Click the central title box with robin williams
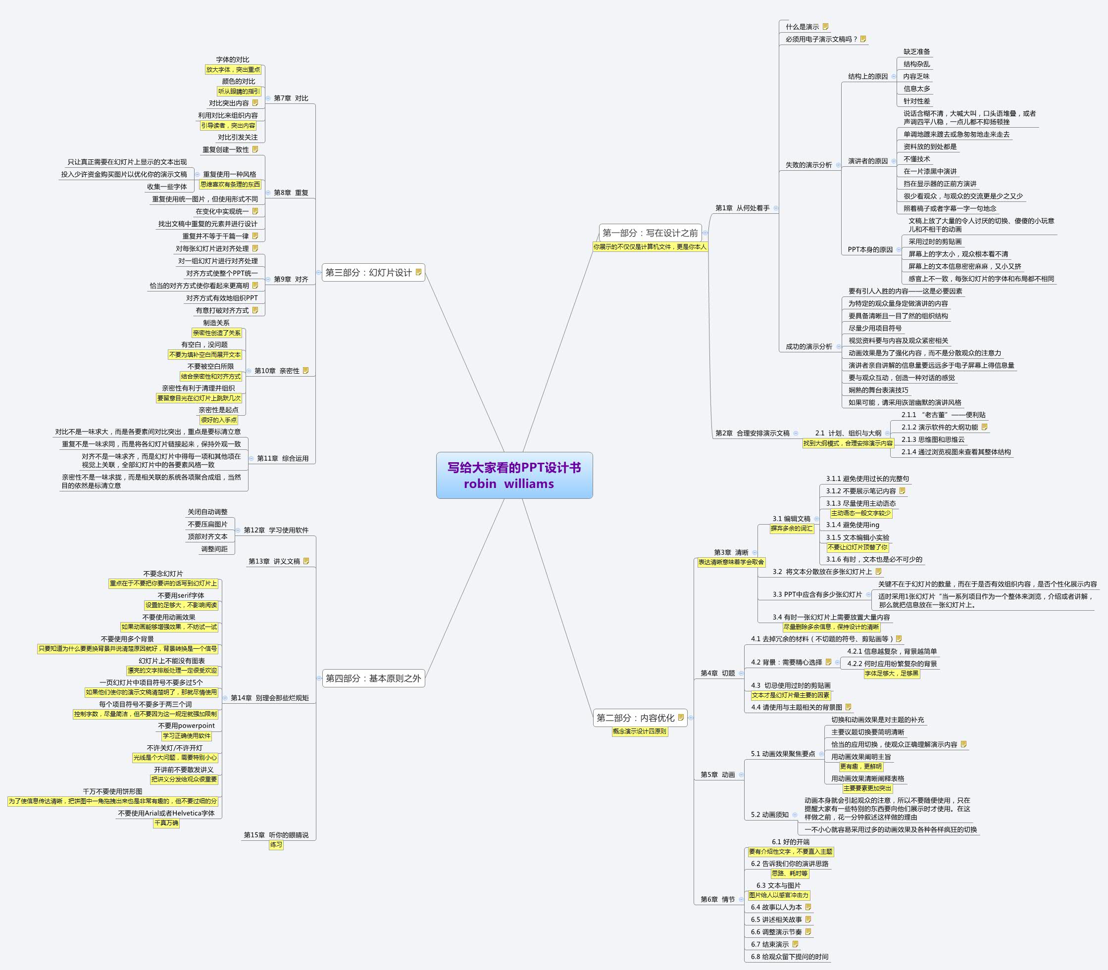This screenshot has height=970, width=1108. tap(514, 475)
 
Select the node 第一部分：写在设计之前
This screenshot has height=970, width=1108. tap(650, 233)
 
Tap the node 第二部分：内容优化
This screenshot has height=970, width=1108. tap(635, 718)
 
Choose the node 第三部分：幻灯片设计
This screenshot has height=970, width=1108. tap(369, 272)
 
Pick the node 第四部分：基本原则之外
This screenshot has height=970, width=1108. tap(373, 678)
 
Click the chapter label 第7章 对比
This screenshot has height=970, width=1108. tap(291, 98)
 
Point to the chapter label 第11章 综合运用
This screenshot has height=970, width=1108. tap(283, 458)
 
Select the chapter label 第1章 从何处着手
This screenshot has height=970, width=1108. tap(742, 208)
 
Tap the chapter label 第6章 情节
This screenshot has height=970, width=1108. tap(717, 899)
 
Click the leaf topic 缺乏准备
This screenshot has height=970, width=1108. tap(916, 51)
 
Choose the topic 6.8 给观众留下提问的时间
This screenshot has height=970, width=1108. tap(789, 957)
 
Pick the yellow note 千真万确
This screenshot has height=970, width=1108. tap(166, 823)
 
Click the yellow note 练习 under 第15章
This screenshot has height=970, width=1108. tap(276, 844)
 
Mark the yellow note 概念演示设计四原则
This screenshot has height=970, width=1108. tap(640, 731)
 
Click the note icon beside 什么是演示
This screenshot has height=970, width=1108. tap(825, 27)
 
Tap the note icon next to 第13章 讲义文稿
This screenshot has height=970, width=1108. tap(306, 561)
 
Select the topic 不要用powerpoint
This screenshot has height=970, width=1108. tap(186, 726)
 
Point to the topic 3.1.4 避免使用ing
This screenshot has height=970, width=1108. tap(853, 525)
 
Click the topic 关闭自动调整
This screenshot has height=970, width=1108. tap(207, 512)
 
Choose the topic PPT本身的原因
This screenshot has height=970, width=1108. tap(870, 249)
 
